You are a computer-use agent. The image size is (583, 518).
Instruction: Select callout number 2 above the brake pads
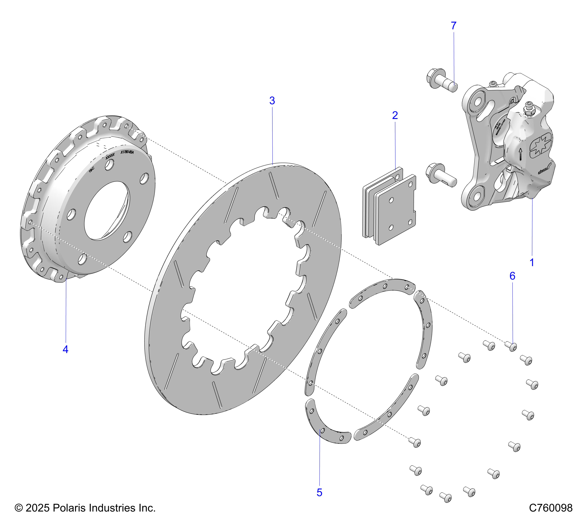click(395, 115)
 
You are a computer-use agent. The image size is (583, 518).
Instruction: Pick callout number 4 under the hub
click(66, 349)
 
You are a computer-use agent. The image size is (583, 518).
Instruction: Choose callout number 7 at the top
click(453, 26)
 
